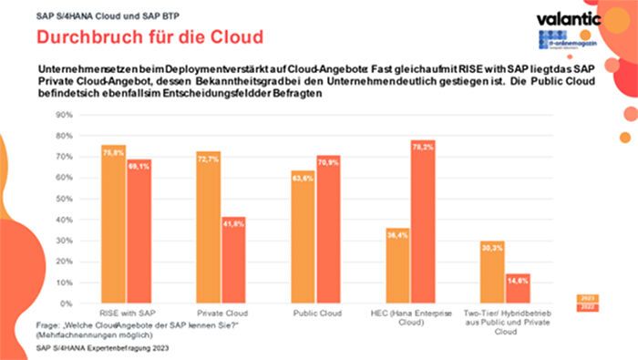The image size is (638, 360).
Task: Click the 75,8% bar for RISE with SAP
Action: (113, 224)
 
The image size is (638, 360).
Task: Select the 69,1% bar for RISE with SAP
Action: (139, 231)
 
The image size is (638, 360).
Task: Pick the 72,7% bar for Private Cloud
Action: (209, 228)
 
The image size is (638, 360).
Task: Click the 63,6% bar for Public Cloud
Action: (303, 237)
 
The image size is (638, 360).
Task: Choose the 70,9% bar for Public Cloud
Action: (328, 230)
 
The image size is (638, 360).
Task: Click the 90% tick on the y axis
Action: (64, 115)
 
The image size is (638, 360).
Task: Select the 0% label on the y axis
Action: (67, 303)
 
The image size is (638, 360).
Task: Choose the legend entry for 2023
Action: (589, 297)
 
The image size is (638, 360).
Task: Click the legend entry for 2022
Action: (589, 307)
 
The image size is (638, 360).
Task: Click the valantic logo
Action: (567, 18)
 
